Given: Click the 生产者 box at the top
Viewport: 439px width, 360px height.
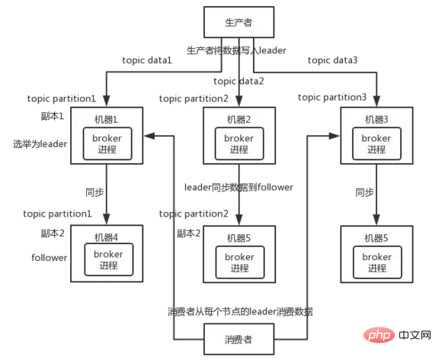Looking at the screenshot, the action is click(239, 22).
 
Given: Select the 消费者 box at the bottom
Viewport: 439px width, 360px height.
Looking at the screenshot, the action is click(239, 339).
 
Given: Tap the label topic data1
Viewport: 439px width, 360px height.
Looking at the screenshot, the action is click(147, 60).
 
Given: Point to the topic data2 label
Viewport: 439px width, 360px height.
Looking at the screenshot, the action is click(239, 81).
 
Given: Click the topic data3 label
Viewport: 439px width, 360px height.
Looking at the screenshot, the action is click(332, 60).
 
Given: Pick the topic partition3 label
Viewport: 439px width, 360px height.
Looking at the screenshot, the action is click(332, 97).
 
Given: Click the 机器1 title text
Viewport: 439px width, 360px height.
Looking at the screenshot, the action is click(106, 120).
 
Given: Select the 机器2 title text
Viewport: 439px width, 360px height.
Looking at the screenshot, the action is click(239, 120).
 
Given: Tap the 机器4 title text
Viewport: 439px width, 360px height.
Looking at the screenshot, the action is click(106, 237).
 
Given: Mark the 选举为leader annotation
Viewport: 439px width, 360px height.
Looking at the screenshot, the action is click(40, 144).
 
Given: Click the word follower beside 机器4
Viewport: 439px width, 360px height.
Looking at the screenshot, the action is click(50, 258).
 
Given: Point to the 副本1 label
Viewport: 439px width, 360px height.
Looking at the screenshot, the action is click(53, 116).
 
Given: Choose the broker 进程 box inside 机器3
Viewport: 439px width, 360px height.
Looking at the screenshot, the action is click(377, 143).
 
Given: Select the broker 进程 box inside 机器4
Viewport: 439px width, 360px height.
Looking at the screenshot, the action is click(109, 259).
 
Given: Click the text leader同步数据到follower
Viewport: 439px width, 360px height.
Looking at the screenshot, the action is click(239, 187).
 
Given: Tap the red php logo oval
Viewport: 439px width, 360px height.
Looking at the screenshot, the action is click(379, 335).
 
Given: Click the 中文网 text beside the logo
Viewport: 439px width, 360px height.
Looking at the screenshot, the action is click(415, 335).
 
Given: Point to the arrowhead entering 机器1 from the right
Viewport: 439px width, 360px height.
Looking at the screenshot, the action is click(149, 136).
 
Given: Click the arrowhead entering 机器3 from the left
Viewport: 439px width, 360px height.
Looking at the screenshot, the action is click(334, 136).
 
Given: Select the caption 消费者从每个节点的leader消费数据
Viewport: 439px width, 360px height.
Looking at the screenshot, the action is click(240, 311).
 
